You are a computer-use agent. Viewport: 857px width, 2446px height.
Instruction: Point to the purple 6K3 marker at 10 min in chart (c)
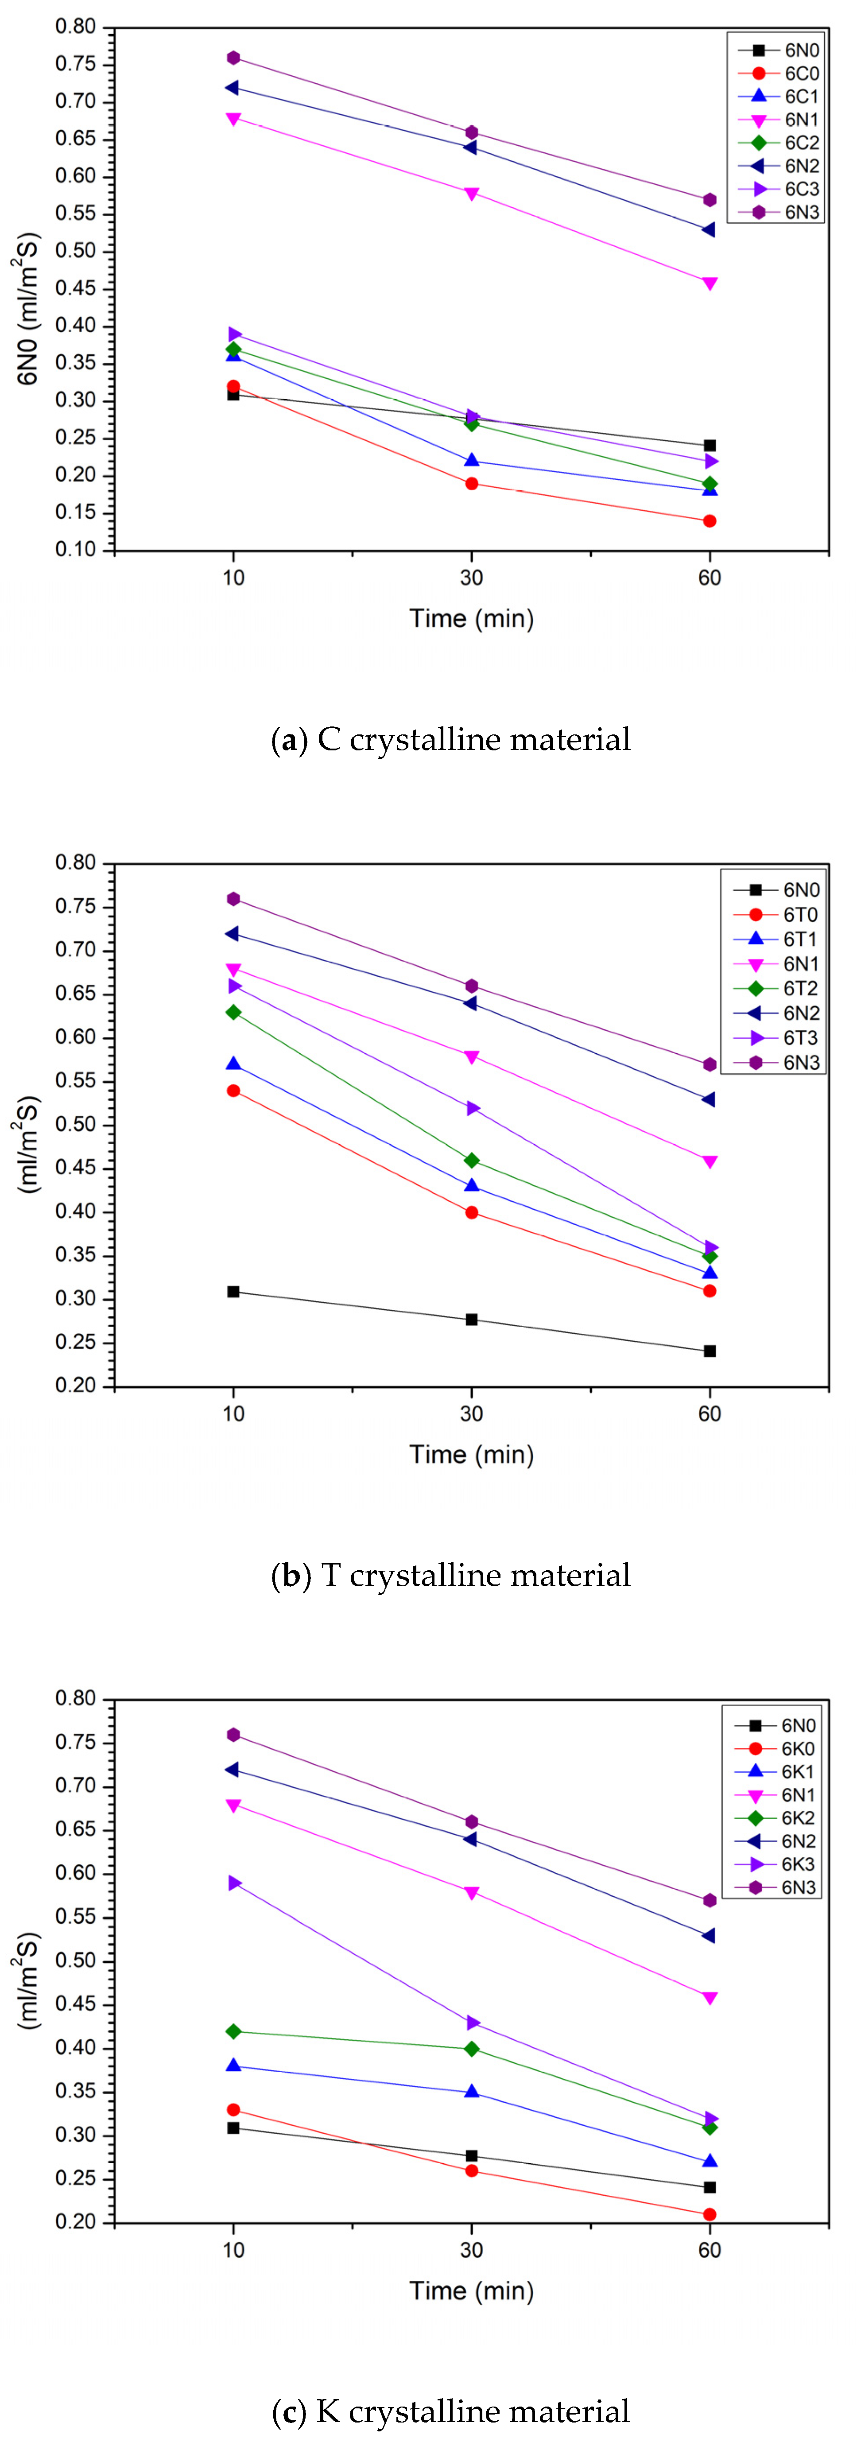(233, 1883)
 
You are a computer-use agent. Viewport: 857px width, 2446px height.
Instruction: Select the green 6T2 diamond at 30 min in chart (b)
(472, 1161)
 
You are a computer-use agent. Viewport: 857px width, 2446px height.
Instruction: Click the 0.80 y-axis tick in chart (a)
(76, 27)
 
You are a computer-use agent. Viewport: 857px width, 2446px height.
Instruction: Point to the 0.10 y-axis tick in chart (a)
(76, 550)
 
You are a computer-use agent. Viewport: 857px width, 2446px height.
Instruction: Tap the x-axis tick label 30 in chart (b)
(472, 1414)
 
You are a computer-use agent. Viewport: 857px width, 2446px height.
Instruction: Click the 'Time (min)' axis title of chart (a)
(472, 619)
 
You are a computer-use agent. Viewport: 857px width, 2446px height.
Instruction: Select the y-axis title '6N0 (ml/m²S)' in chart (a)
(28, 309)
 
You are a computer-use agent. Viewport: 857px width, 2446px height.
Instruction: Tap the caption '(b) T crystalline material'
(451, 1575)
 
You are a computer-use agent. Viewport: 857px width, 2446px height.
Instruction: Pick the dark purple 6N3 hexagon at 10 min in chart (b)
(233, 899)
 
